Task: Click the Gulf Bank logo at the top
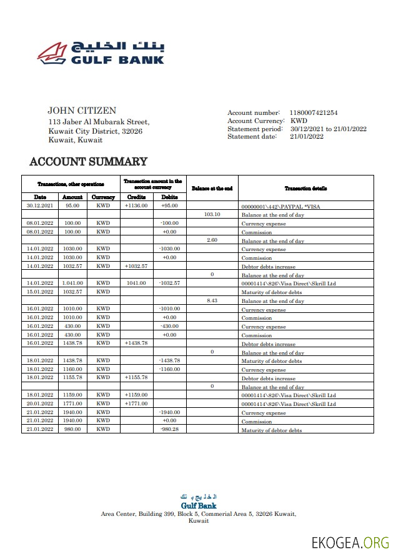coord(101,53)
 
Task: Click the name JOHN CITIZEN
coord(82,111)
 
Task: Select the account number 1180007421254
coord(313,112)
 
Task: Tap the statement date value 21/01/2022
coord(306,137)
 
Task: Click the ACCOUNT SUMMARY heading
coord(88,162)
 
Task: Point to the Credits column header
coord(136,197)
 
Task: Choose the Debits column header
coord(169,197)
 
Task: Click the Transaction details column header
coord(305,188)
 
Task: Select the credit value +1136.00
coord(136,205)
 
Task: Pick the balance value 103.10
coord(212,214)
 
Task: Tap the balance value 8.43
coord(212,300)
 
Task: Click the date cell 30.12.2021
coord(40,205)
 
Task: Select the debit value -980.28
coord(169,429)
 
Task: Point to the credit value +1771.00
coord(136,403)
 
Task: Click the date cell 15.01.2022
coord(40,292)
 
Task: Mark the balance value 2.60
coord(212,240)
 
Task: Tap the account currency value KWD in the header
coord(299,121)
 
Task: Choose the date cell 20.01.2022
coord(40,403)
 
